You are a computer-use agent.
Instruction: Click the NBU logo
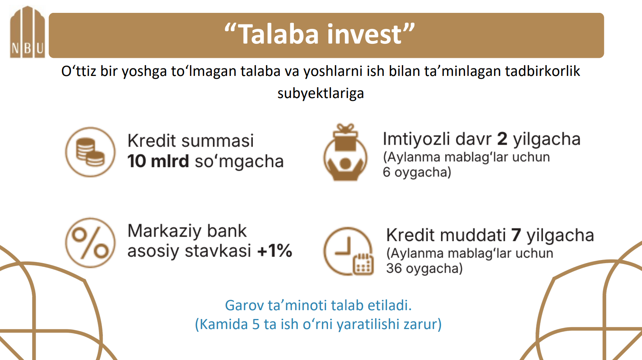27,32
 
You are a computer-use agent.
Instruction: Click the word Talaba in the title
278,35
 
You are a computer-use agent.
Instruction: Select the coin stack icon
90,152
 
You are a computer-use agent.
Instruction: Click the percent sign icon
90,243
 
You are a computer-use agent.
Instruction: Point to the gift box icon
345,152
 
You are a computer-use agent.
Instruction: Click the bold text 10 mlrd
158,161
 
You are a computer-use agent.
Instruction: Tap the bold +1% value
275,251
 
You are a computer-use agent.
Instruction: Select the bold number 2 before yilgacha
502,139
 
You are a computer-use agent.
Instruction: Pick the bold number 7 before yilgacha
516,235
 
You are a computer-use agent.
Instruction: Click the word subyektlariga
321,93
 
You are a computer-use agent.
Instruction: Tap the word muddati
473,235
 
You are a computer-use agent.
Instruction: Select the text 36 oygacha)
424,269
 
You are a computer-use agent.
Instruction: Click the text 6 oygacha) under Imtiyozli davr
417,172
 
